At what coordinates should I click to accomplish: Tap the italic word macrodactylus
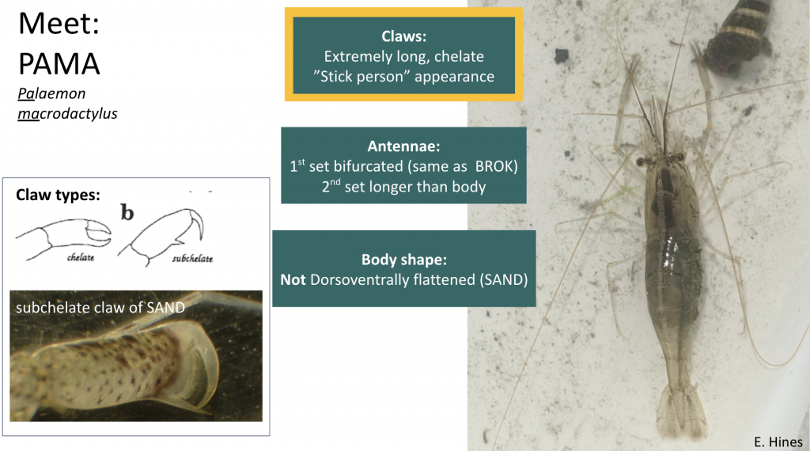tap(67, 114)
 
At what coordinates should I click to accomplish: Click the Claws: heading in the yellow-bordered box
tap(403, 36)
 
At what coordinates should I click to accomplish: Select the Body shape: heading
tap(403, 260)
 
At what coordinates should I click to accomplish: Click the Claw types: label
tap(58, 195)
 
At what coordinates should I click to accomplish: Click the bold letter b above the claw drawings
tap(126, 211)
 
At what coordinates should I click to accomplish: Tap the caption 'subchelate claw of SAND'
tap(100, 308)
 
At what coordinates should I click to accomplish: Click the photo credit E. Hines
tap(778, 442)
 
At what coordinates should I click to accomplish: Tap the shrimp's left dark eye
tap(639, 161)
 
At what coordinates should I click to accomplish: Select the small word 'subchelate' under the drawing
tap(192, 258)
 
